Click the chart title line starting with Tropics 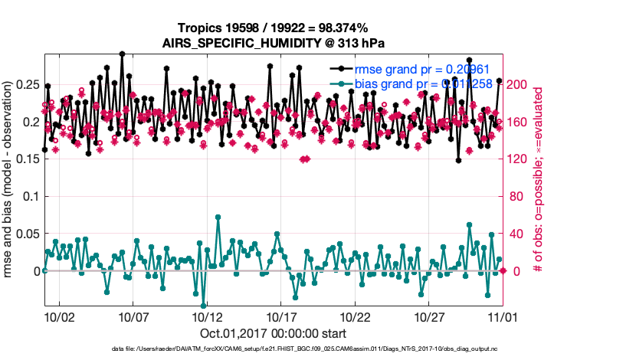coord(273,28)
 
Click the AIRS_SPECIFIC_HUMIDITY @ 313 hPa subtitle coord(273,43)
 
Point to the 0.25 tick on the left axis coord(28,83)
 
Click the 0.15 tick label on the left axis coord(28,159)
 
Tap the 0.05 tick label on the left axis coord(28,234)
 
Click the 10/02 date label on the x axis coord(59,316)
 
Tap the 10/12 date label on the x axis coord(207,316)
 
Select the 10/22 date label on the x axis coord(356,316)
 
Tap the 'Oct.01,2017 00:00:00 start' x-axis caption coord(273,333)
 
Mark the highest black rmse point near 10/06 coord(122,54)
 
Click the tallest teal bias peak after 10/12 coord(218,218)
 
